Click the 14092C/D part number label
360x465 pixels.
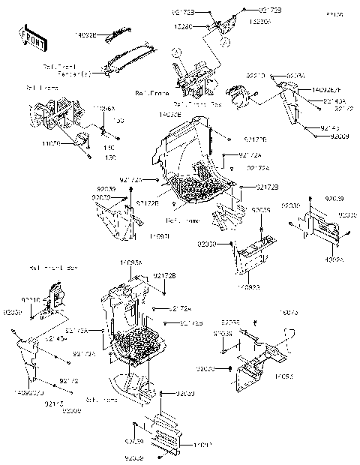28,391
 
